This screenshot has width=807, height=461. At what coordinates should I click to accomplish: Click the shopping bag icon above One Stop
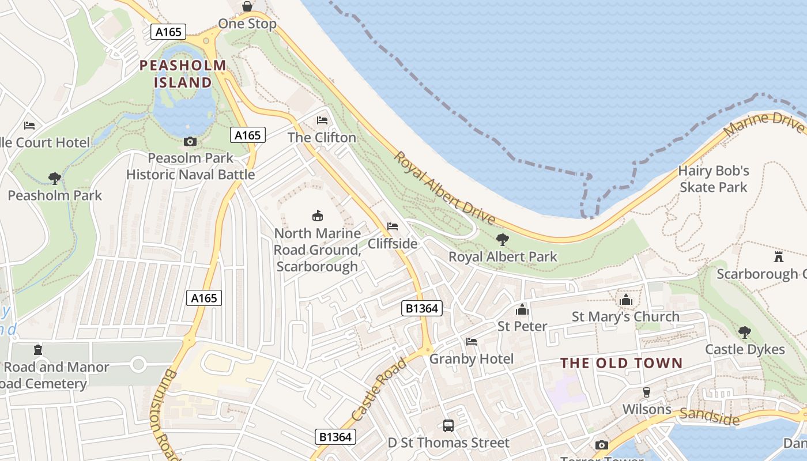point(247,6)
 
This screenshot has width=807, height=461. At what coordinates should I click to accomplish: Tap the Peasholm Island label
point(183,74)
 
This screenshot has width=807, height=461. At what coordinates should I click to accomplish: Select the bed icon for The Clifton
point(322,120)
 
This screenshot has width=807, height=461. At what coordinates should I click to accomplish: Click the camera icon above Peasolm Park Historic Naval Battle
point(190,141)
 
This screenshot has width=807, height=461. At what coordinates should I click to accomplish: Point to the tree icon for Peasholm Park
point(55,178)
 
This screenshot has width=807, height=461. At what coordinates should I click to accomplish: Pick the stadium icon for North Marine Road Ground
point(317,216)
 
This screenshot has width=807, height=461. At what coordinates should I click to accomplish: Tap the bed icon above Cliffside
point(393,226)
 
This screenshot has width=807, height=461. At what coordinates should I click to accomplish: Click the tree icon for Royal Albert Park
point(503,239)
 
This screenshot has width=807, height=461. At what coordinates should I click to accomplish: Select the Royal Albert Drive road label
point(444,188)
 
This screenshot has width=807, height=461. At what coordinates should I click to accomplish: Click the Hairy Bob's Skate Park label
point(714,179)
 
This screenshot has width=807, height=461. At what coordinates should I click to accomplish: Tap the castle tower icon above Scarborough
point(779,256)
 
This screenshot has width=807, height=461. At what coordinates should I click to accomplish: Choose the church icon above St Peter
point(522,309)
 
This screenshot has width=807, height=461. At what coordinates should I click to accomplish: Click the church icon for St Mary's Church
point(625,300)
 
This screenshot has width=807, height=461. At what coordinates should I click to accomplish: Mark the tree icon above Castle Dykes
point(745,332)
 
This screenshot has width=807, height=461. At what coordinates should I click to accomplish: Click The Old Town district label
point(621,363)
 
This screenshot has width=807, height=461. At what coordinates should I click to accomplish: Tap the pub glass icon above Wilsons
point(647,392)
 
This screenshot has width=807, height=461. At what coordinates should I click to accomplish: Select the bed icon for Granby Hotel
point(472,342)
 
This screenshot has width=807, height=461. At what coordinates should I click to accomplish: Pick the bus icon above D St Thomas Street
point(448,426)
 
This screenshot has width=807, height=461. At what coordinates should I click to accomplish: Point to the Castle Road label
point(378,390)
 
